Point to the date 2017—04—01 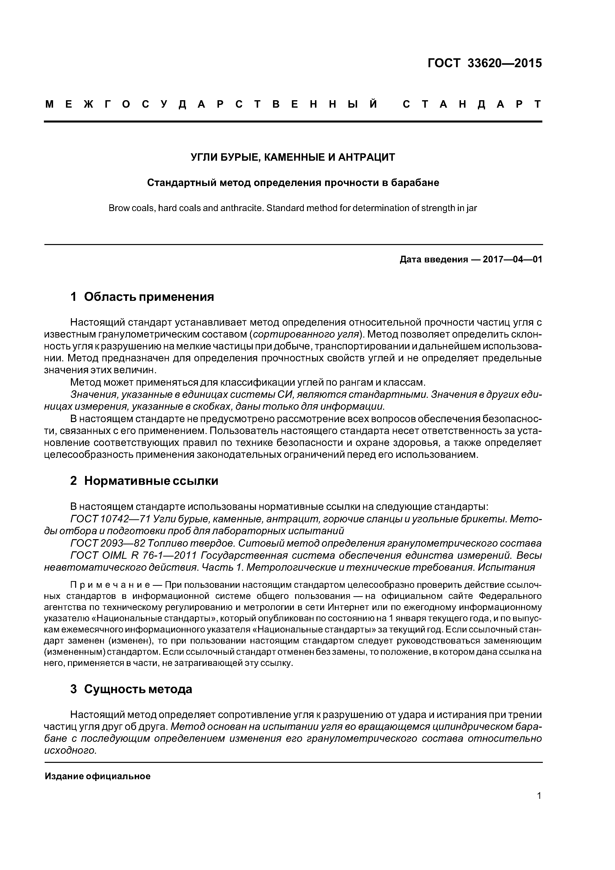pyautogui.click(x=513, y=260)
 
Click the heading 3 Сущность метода pyautogui.click(x=131, y=689)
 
